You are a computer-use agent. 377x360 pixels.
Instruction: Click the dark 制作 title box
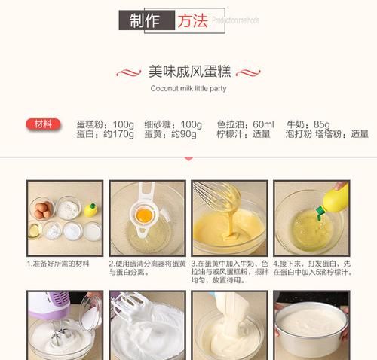146,21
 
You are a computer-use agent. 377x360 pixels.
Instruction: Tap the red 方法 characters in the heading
192,21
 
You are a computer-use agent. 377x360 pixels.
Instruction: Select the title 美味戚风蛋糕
188,72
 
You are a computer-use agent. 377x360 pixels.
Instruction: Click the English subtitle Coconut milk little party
188,88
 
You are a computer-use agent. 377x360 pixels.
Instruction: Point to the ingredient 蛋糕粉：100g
105,124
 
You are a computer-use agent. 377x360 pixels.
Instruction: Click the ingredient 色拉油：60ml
244,124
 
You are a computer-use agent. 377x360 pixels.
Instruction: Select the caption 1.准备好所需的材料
59,264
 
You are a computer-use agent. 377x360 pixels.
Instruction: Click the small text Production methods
235,21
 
